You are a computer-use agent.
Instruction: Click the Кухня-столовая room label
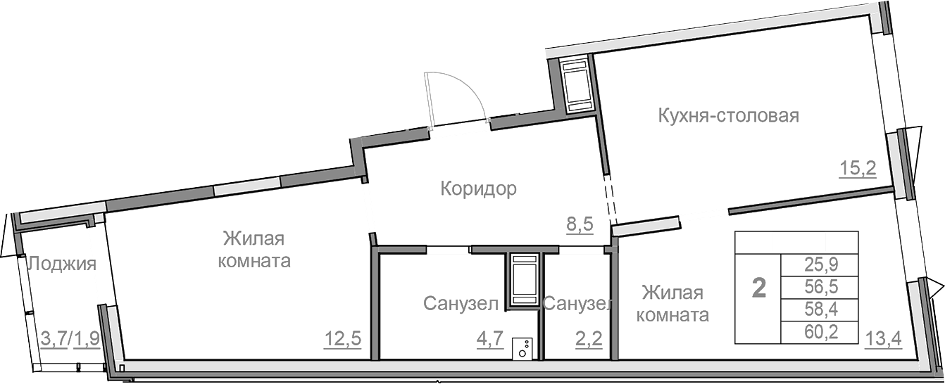tap(728, 115)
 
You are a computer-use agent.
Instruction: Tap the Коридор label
tap(478, 188)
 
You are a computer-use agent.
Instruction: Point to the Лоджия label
tap(61, 264)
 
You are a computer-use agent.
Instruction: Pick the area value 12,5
tap(342, 339)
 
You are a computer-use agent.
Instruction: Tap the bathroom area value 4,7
tap(489, 339)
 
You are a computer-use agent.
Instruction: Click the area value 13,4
tap(880, 339)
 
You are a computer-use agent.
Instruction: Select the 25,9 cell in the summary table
tap(819, 265)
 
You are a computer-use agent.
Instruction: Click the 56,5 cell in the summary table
tap(819, 287)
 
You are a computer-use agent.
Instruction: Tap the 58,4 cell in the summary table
tap(819, 309)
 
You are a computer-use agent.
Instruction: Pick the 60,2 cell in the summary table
tap(819, 331)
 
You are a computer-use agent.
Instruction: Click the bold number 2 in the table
tap(759, 288)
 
